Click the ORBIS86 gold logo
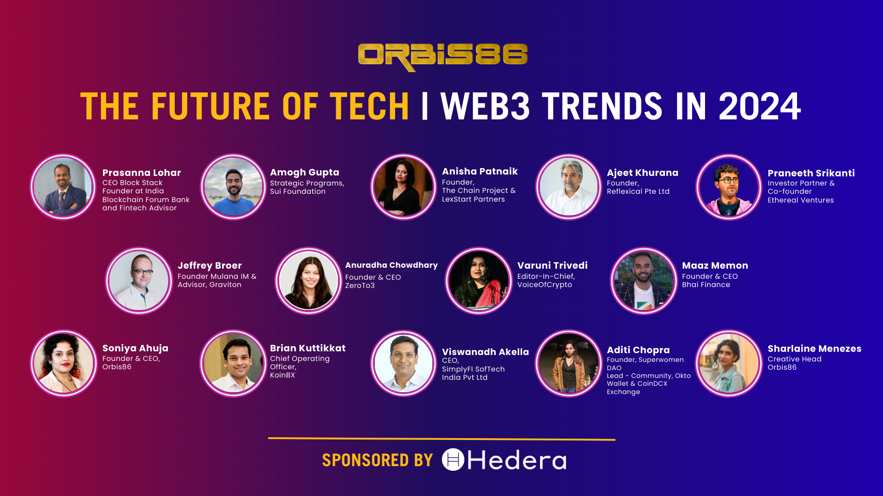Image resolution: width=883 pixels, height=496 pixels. [x=442, y=56]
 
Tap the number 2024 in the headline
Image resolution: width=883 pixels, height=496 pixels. [x=759, y=107]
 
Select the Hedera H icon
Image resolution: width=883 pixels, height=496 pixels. [x=453, y=460]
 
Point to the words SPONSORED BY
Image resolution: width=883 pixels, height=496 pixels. [x=377, y=460]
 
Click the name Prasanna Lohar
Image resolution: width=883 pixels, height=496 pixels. [x=142, y=173]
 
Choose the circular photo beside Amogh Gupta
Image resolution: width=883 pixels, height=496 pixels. [x=233, y=187]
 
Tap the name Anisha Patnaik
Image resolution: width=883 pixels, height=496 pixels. [x=480, y=171]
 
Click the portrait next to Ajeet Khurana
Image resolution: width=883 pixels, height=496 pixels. [x=568, y=187]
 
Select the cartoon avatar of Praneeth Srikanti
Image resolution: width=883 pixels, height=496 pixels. [x=729, y=187]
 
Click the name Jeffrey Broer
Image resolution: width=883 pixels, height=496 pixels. [x=210, y=265]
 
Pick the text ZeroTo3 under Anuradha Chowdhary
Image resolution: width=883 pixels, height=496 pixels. [x=360, y=286]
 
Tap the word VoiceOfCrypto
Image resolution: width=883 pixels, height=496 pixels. [x=545, y=285]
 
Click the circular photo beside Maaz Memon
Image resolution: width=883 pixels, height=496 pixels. [x=643, y=281]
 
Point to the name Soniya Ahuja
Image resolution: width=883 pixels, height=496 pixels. [x=135, y=348]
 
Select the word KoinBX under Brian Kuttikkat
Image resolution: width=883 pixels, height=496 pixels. [x=282, y=375]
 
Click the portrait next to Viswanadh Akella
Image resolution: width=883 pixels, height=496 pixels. [x=403, y=363]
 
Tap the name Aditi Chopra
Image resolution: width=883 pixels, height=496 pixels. [x=638, y=350]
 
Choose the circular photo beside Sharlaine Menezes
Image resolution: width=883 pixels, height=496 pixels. [x=729, y=363]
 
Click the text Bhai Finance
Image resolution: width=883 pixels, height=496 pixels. [x=706, y=285]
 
